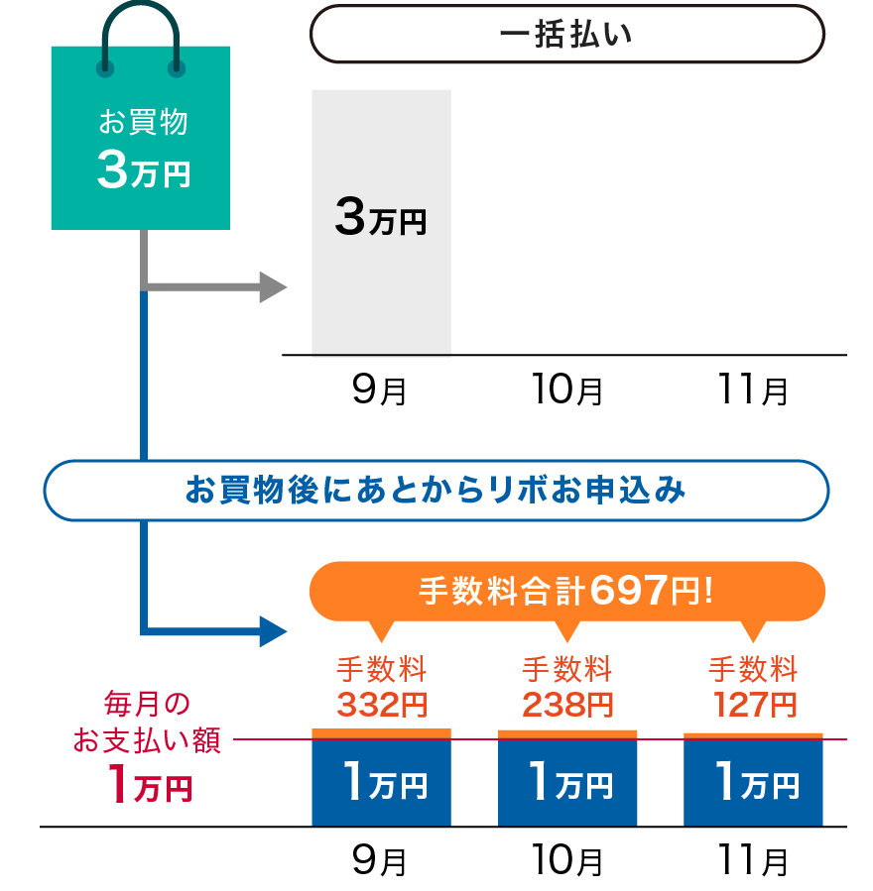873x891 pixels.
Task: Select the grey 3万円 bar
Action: click(381, 221)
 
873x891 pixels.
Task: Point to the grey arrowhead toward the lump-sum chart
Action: click(272, 287)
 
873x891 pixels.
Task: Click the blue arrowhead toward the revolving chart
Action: click(272, 630)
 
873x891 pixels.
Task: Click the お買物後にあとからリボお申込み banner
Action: click(436, 491)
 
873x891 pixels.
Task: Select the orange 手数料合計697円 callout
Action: click(567, 592)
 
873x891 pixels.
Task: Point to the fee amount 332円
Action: click(382, 705)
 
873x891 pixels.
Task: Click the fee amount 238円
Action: click(567, 705)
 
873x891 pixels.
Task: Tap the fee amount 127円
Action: click(754, 705)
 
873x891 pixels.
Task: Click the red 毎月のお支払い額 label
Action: click(147, 724)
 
